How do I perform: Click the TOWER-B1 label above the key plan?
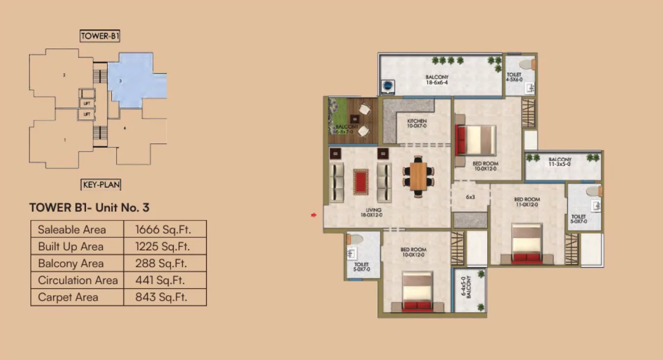tap(100, 36)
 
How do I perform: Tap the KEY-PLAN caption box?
tap(100, 185)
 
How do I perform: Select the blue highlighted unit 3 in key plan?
tap(129, 80)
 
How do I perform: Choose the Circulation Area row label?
tap(78, 280)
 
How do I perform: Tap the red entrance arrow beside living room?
tap(314, 214)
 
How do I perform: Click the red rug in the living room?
tap(361, 181)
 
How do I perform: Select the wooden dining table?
tap(418, 175)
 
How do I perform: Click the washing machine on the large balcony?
tap(388, 86)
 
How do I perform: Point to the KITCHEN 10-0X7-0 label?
tap(417, 123)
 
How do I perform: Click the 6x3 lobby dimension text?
tap(470, 197)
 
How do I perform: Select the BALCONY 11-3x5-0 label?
tap(560, 162)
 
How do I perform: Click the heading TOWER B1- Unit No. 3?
tap(89, 207)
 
